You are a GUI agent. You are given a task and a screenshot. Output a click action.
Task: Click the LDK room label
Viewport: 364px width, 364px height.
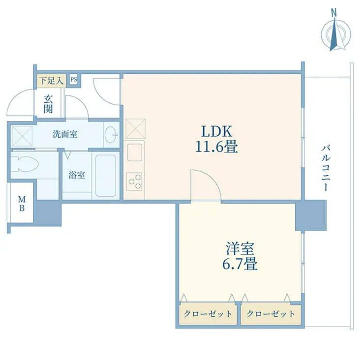216,131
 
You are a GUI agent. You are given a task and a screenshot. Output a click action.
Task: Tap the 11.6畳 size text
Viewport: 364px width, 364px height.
216,147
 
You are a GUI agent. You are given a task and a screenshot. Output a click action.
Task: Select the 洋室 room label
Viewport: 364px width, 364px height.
240,248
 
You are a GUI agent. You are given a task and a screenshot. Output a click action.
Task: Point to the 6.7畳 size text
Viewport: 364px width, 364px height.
240,264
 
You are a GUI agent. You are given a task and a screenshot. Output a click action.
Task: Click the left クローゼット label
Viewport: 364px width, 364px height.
208,314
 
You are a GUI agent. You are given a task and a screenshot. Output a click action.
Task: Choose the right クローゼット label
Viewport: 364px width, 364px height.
271,314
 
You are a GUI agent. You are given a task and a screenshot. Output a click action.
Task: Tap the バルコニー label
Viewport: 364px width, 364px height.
326,168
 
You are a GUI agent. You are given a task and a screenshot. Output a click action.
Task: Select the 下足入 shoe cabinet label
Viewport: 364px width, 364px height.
51,81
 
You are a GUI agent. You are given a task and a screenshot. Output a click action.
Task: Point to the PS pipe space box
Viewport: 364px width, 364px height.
74,80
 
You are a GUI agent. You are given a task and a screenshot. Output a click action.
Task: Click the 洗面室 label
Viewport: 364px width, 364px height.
65,134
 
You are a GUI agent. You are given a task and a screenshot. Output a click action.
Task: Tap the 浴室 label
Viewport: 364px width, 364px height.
77,175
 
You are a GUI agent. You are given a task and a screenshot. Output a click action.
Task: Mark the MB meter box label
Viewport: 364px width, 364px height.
22,204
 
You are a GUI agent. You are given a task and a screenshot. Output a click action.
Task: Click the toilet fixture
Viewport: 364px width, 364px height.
25,164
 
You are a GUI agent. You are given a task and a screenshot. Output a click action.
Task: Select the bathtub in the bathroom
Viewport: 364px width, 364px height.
106,176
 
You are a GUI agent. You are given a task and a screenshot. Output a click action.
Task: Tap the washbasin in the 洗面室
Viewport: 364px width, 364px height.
111,135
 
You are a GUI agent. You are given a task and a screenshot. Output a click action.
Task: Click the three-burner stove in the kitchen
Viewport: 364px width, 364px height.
134,182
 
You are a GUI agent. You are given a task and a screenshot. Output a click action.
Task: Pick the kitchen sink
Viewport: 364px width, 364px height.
134,152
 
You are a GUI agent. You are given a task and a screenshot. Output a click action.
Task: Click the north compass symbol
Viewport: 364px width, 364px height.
336,34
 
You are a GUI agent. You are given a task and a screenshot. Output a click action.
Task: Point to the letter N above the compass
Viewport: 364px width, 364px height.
334,13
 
